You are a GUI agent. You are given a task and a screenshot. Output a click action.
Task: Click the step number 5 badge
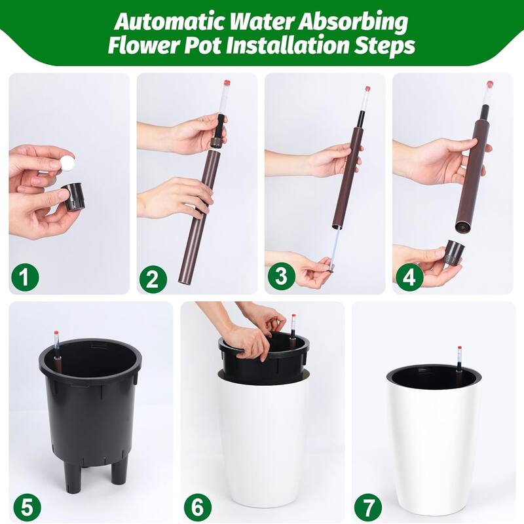24,506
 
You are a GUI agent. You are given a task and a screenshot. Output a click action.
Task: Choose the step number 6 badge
196,506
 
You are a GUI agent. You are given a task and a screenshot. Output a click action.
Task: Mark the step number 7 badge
369,506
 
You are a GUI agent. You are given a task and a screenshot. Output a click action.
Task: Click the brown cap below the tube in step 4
453,253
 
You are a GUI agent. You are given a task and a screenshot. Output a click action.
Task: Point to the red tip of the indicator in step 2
227,84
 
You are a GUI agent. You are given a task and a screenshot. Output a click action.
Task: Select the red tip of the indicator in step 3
367,89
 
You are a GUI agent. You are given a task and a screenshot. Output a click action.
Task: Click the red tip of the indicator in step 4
489,84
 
